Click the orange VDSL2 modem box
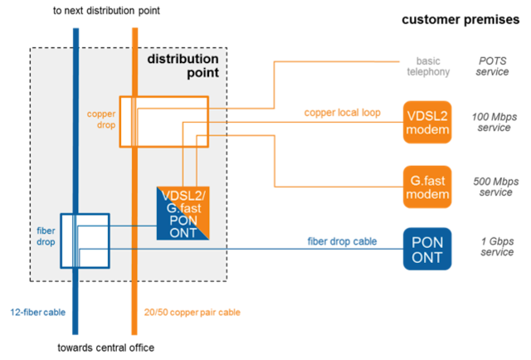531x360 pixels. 427,122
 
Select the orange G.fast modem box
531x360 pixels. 427,187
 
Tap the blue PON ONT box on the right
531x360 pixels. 427,248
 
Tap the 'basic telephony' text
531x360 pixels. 427,66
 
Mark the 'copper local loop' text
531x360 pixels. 342,112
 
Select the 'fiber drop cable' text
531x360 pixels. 342,241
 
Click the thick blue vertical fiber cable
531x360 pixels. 76,166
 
